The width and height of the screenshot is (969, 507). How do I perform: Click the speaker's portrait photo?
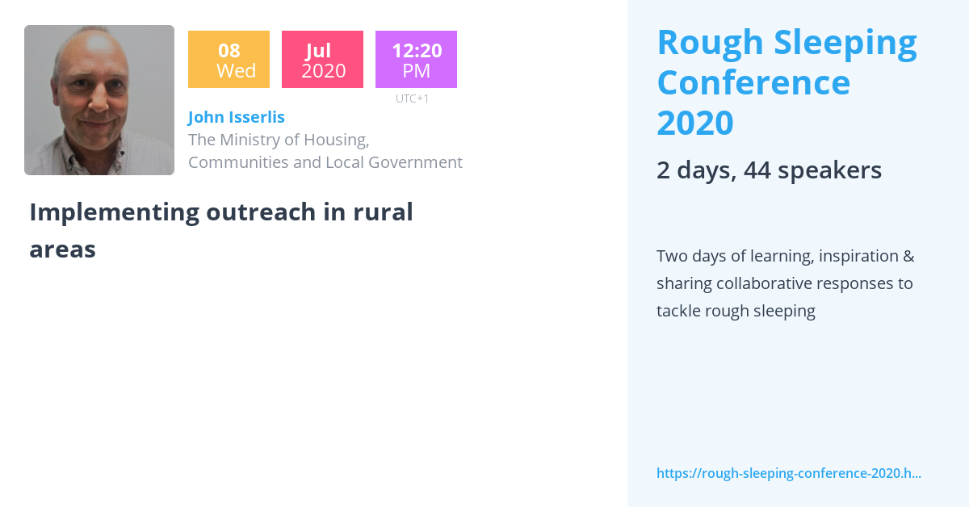coord(99,100)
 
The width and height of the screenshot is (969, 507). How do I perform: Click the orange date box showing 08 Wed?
coord(229,60)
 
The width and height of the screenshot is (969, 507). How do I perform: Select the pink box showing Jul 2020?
coord(322,60)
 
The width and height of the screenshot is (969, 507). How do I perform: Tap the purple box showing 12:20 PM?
coord(416,60)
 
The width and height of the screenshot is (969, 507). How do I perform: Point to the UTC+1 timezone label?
coord(412,98)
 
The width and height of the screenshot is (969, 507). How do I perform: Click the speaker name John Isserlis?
coord(237,117)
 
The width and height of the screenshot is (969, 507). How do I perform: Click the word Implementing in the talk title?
coord(114,212)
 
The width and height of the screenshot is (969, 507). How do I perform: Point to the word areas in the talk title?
coord(62,249)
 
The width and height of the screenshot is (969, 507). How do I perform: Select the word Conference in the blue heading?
coord(753,82)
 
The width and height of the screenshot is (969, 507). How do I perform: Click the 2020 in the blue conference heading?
coord(694,123)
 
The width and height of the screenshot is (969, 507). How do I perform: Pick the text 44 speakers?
coord(812,170)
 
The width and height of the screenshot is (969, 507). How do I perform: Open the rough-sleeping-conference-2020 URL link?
coord(789,473)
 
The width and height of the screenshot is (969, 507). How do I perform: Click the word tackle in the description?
coord(679,311)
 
